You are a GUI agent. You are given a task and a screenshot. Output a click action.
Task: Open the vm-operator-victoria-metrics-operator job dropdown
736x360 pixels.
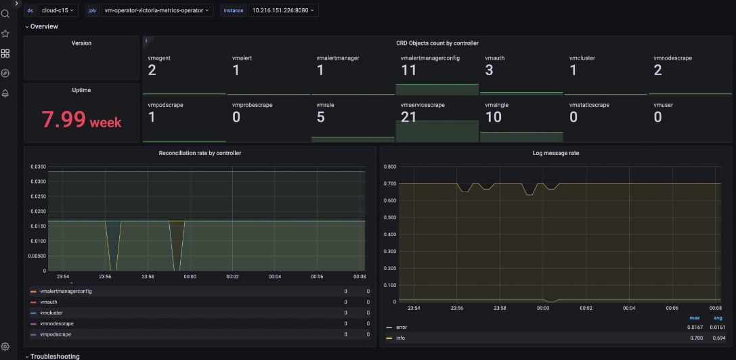[x=156, y=10]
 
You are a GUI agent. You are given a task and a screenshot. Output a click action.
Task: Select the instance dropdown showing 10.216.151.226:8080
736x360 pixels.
[x=284, y=10]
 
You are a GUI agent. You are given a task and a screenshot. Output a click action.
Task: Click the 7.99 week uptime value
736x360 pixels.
[x=81, y=120]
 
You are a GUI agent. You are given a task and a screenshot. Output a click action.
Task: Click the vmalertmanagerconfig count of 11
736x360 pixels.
[x=408, y=70]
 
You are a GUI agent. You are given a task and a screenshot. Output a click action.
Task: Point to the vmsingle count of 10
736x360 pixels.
[x=494, y=117]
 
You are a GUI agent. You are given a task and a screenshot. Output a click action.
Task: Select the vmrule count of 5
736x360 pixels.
[x=320, y=117]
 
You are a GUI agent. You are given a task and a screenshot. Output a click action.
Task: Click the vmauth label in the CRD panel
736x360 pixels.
[x=494, y=58]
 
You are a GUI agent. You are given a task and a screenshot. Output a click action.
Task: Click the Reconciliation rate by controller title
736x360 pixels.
[x=200, y=153]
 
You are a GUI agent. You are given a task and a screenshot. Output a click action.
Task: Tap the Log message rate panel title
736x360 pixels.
[x=556, y=153]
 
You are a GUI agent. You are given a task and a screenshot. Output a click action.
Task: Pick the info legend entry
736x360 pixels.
[x=401, y=337]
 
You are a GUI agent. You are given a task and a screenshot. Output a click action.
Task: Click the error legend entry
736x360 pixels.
[x=402, y=327]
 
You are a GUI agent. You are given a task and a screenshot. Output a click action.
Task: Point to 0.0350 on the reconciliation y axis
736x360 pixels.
[x=37, y=166]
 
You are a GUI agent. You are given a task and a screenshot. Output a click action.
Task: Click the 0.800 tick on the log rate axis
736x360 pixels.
[x=389, y=166]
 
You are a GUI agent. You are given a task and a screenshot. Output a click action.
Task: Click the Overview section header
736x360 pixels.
[x=44, y=26]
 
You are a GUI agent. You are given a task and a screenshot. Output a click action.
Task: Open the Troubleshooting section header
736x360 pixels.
[x=54, y=356]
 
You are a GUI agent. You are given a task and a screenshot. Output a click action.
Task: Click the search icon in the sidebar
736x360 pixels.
[x=5, y=14]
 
